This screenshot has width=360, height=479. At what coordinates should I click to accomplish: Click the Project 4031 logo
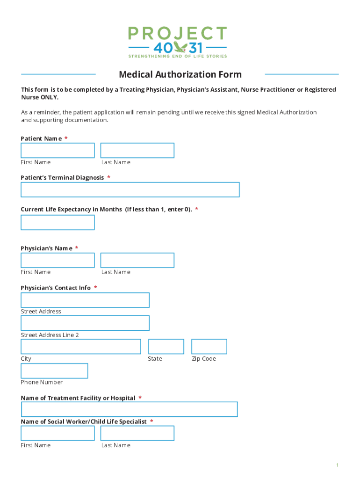177,42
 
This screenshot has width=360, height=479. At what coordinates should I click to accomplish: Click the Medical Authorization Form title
180,74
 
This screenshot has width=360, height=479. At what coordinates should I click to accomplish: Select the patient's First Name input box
58,151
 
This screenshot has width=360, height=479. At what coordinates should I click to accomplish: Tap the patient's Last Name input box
137,151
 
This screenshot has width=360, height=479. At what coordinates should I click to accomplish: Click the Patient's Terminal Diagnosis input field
130,190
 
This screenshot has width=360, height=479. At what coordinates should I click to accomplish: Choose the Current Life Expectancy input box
58,223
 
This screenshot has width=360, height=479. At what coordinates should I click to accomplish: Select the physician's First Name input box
58,261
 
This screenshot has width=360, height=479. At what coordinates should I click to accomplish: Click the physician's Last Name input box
137,261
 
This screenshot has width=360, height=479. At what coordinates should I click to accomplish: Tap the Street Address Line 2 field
85,323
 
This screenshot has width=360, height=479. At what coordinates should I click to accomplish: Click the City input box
81,347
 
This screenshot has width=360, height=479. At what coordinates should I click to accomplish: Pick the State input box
166,347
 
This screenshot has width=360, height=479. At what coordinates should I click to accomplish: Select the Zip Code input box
209,347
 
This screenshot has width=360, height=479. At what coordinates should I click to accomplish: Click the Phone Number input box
54,371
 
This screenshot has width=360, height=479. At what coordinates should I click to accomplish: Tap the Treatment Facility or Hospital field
129,409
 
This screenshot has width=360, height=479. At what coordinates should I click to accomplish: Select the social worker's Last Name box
137,433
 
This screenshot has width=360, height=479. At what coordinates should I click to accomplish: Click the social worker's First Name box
58,433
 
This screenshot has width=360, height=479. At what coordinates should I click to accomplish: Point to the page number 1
337,465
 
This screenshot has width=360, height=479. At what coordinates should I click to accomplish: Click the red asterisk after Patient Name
66,138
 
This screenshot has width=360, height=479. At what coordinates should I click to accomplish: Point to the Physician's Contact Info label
56,288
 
